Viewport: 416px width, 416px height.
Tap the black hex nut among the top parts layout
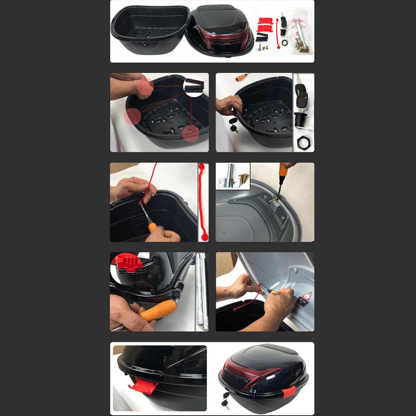tap(284, 43)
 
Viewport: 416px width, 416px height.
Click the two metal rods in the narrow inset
tap(202, 290)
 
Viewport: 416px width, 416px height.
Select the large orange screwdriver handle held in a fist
tap(158, 310)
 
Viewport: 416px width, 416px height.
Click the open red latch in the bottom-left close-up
tap(143, 386)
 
